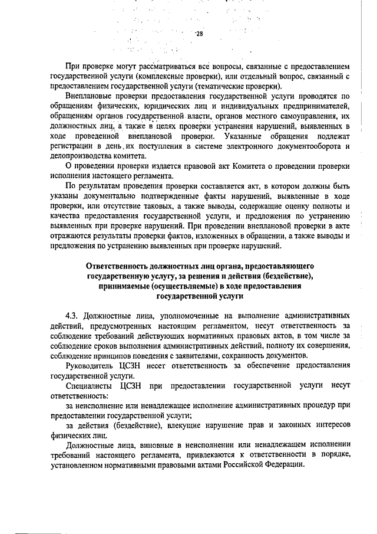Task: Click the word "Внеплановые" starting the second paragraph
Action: click(89, 96)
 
